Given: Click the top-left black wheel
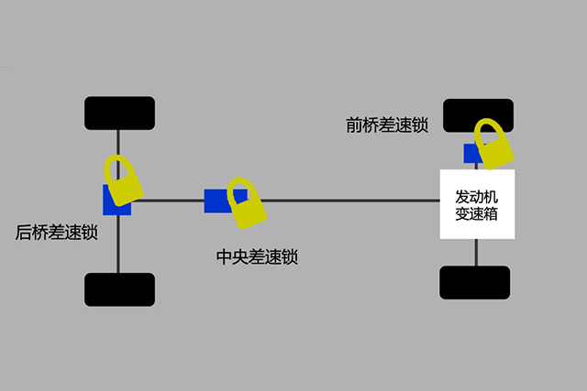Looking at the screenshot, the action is click(119, 114).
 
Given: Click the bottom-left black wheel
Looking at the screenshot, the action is click(119, 289).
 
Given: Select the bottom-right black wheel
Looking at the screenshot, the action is click(475, 283).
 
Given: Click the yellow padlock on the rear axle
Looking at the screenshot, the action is click(124, 181).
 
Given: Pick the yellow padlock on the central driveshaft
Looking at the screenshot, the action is click(247, 204).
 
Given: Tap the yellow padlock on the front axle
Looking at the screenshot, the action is click(494, 145).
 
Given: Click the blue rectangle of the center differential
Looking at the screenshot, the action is click(216, 201).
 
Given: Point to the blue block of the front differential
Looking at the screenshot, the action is click(470, 153).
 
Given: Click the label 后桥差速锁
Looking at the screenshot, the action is click(57, 233).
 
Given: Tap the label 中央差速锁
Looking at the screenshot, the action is click(257, 256).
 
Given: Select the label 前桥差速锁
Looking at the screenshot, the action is click(387, 125).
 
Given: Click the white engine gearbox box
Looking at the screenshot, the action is click(477, 204).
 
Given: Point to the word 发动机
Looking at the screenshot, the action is click(477, 196).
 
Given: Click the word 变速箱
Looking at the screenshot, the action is click(477, 214).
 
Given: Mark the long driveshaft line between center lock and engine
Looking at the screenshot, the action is click(350, 201).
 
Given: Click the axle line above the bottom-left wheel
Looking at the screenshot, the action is click(118, 244).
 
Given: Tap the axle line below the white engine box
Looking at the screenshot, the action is click(476, 253).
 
